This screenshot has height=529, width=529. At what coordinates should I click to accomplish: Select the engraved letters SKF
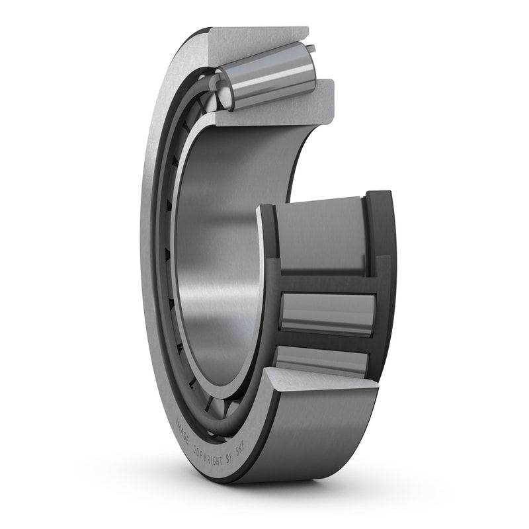pos(240,465)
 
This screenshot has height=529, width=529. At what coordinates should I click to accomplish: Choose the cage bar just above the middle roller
pos(324,282)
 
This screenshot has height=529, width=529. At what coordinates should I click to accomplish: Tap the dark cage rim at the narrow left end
pos(268,264)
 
